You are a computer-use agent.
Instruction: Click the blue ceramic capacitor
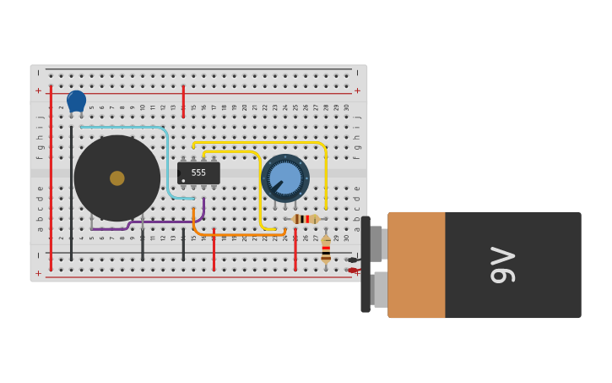[76, 101]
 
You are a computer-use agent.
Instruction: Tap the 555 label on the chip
[198, 172]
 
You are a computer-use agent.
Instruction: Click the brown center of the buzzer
[116, 178]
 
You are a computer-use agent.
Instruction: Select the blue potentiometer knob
[284, 178]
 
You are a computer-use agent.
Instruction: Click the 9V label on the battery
[503, 265]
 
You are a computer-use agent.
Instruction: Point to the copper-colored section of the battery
[416, 265]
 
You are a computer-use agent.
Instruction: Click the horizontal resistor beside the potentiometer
[305, 219]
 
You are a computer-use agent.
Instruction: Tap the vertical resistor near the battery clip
[326, 249]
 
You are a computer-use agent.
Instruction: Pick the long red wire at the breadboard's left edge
[51, 178]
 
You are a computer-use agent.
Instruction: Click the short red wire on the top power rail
[183, 96]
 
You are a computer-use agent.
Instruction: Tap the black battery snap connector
[366, 265]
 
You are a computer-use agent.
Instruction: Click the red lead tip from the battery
[352, 271]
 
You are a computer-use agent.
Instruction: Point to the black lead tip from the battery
[352, 260]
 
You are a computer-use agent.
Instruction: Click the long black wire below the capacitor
[71, 194]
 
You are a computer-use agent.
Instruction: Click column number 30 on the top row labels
[346, 107]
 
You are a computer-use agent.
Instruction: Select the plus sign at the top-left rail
[38, 90]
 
